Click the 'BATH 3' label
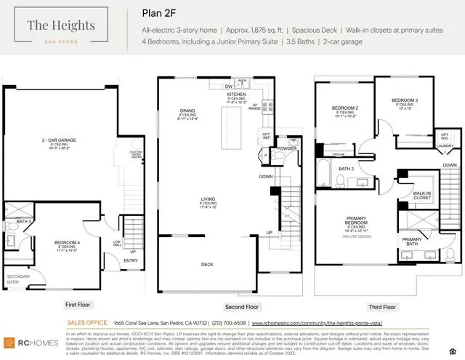point(23,221)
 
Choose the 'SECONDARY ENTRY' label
point(18,277)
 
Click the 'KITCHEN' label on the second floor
point(237,95)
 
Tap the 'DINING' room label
point(188,111)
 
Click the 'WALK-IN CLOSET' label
point(421,194)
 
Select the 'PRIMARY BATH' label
point(412,241)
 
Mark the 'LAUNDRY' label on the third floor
point(445,145)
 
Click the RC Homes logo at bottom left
point(27,342)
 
